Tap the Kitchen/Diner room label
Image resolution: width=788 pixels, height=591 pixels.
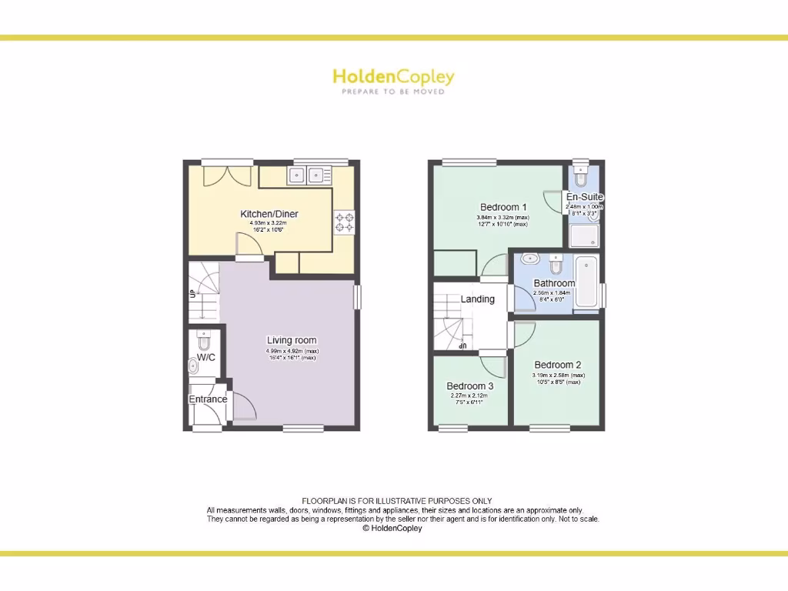point(269,214)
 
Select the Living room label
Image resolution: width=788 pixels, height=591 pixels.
point(292,340)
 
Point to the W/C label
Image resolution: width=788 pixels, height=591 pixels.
point(205,357)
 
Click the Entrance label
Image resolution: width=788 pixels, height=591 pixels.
point(208,399)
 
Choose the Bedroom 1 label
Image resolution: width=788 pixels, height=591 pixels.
point(503,207)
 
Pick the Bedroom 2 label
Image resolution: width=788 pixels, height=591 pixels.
point(557,365)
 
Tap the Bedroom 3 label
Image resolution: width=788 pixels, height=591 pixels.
point(469,386)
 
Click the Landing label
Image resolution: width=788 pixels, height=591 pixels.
point(477,299)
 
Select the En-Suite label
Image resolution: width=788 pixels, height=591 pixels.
point(585,197)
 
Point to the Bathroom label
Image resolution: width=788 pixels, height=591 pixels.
point(554,283)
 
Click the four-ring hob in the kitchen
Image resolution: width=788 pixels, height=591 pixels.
point(344,222)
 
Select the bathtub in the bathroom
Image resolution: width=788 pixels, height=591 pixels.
point(587,282)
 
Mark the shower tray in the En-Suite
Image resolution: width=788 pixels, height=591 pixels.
point(585,233)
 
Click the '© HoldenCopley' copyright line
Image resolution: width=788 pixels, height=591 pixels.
point(392,529)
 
